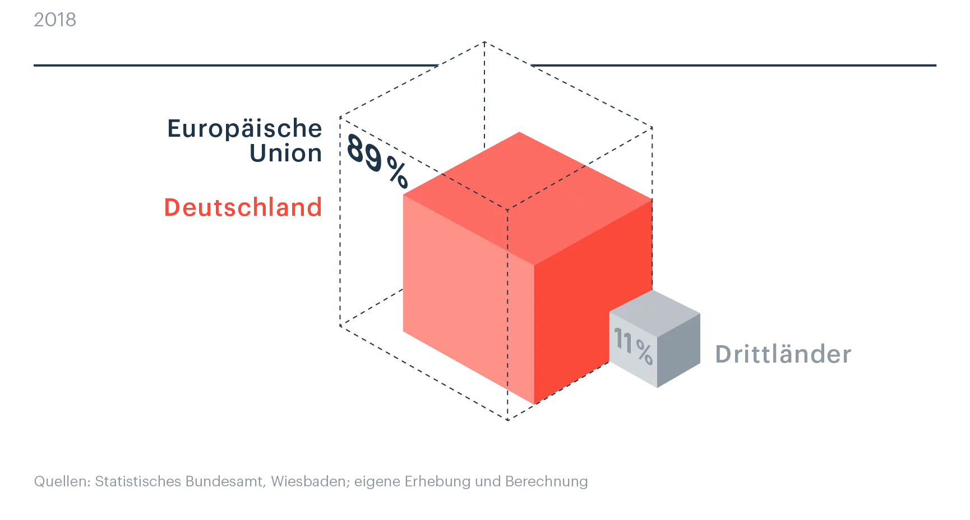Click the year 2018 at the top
[x=55, y=20]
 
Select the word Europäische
[x=244, y=128]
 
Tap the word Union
[x=285, y=153]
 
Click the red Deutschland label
[x=243, y=207]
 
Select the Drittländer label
[x=783, y=354]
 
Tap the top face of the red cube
[x=528, y=198]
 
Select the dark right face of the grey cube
[x=678, y=350]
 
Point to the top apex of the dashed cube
[x=484, y=41]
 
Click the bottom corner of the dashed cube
[x=507, y=420]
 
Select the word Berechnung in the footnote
[x=547, y=482]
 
